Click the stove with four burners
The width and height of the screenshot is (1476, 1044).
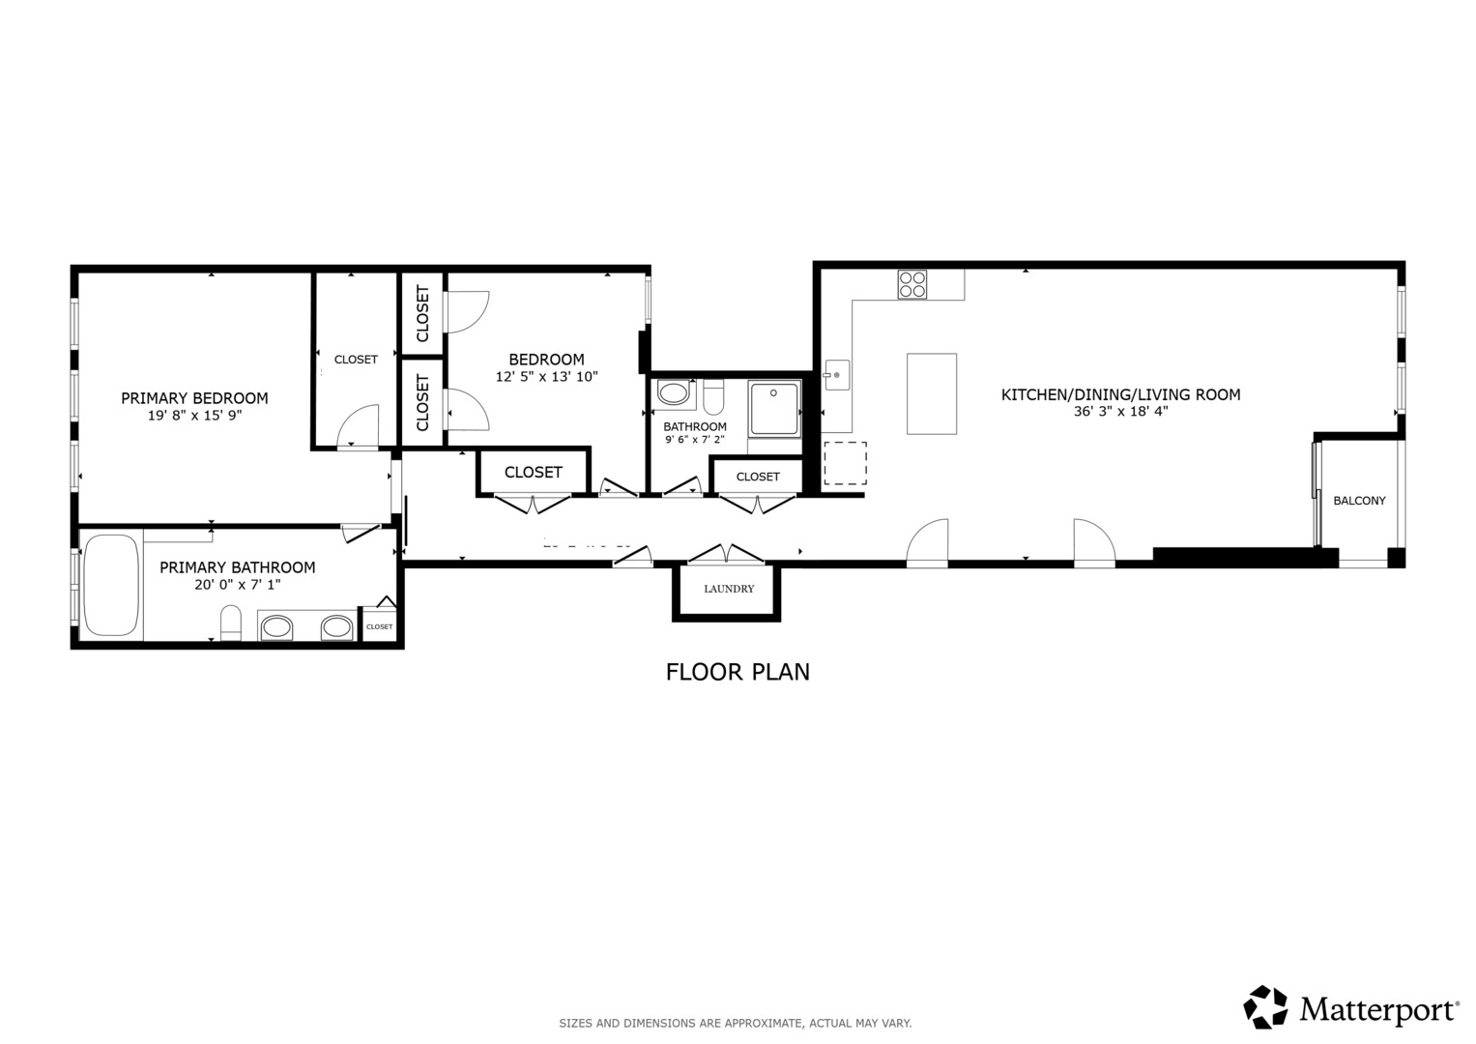pos(912,284)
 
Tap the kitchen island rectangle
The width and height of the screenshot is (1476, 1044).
pos(932,393)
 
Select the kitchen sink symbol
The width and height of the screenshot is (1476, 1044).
pos(836,375)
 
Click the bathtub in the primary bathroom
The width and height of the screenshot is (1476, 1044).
pos(111,585)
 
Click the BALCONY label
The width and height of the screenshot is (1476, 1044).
pos(1359,501)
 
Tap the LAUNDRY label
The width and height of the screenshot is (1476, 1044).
pos(729,589)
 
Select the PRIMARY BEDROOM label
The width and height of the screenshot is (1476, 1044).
pos(194,398)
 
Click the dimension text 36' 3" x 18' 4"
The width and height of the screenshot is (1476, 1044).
pos(1120,411)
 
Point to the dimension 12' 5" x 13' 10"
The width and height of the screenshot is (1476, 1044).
pos(546,376)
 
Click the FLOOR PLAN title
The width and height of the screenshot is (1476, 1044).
pos(738,672)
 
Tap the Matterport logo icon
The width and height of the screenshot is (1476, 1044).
pos(1265,1007)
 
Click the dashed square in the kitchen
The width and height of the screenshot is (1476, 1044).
pos(845,463)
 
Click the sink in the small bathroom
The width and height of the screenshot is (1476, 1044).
pos(673,393)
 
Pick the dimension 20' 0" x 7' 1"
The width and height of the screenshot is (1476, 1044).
pos(237,584)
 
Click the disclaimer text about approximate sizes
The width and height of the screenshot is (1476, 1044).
pos(736,1023)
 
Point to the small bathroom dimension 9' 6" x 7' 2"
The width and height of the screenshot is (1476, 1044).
pos(695,440)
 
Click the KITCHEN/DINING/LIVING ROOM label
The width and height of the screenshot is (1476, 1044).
pos(1120,394)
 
